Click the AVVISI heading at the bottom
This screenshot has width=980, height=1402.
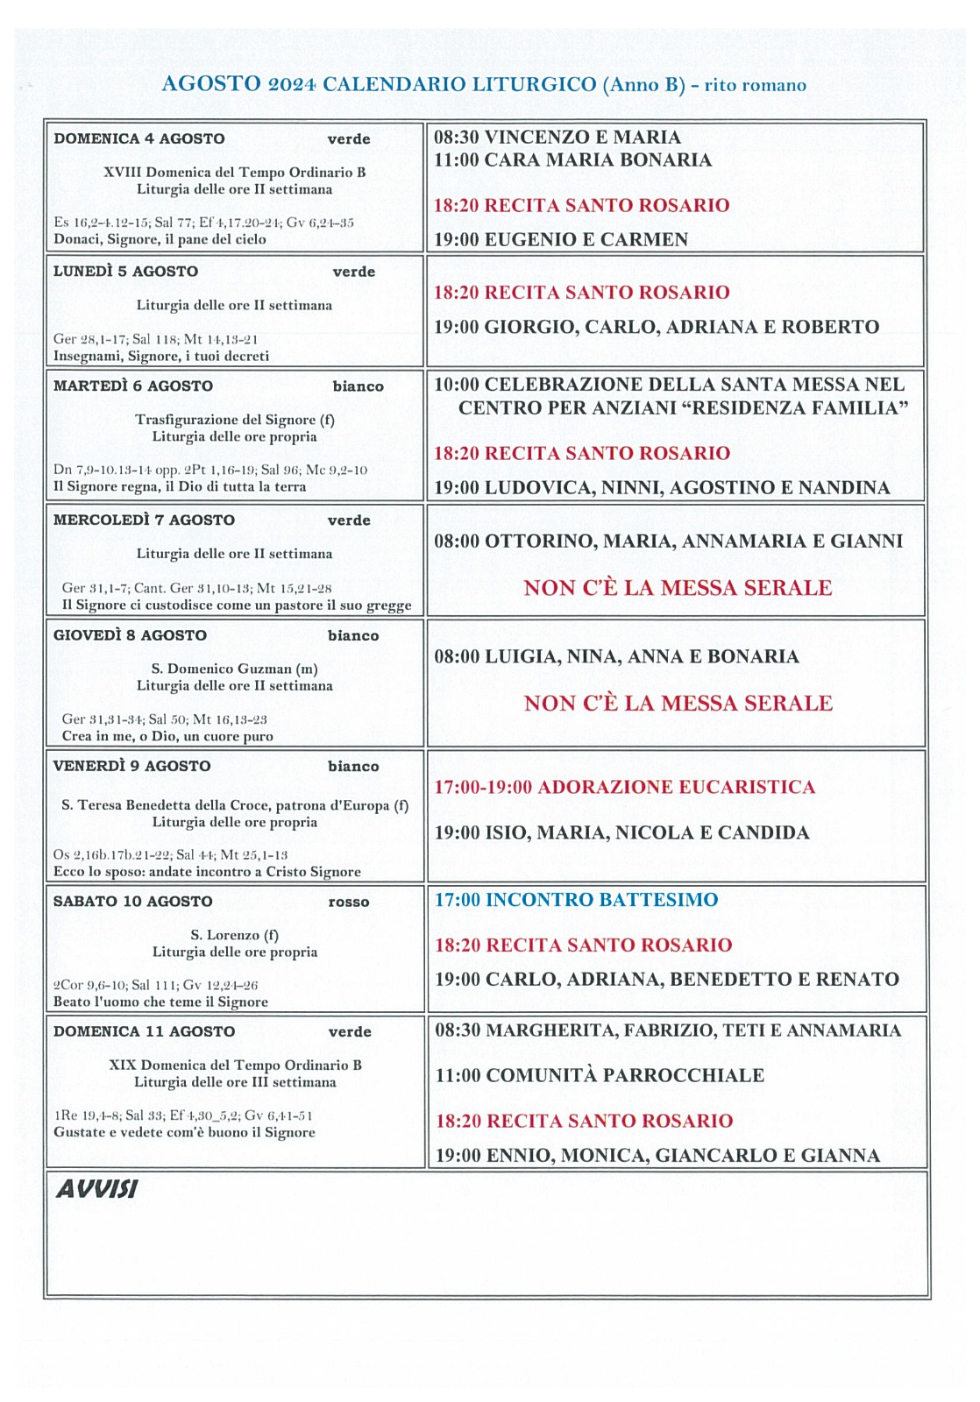(x=96, y=1189)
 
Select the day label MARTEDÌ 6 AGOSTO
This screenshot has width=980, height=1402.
(x=132, y=386)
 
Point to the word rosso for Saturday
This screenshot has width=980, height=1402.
(x=348, y=902)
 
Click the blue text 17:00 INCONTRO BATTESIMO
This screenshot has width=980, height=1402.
(x=576, y=900)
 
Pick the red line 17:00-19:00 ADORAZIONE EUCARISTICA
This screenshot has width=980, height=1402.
(x=624, y=787)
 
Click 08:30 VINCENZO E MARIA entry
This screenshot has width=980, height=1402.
(x=557, y=137)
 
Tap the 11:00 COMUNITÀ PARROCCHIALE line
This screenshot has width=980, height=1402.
(x=600, y=1075)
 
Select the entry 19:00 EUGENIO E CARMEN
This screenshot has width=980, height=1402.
(x=561, y=239)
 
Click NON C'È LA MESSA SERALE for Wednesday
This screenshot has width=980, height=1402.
(x=678, y=588)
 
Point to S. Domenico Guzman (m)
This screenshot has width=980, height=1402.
(x=234, y=669)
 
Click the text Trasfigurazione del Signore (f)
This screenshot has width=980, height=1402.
(x=234, y=420)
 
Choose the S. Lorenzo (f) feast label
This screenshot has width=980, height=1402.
(x=234, y=935)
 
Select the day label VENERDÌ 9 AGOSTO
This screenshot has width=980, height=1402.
(x=131, y=766)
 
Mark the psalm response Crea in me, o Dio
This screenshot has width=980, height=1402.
(x=167, y=736)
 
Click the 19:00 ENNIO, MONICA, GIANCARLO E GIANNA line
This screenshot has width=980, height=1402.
(x=657, y=1155)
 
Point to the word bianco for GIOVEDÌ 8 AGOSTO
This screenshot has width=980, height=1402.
(x=353, y=636)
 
